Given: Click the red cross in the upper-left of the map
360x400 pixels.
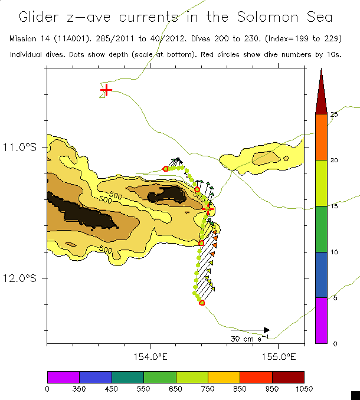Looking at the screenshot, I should click(x=106, y=90).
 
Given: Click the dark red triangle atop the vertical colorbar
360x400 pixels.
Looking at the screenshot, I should click(x=320, y=94).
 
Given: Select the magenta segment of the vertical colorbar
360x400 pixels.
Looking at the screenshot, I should click(x=320, y=320).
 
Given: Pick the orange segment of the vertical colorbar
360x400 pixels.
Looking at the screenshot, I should click(x=320, y=137).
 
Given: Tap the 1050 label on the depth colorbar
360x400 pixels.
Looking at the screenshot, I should click(x=304, y=388).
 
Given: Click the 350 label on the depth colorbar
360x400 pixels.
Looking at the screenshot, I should click(x=79, y=388).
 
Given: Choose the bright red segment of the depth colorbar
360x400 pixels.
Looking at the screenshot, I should click(x=256, y=377).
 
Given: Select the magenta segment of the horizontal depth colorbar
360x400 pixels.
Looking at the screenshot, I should click(x=63, y=377).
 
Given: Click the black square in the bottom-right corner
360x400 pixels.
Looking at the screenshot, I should click(x=355, y=395).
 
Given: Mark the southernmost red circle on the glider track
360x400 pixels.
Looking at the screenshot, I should click(x=202, y=303).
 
